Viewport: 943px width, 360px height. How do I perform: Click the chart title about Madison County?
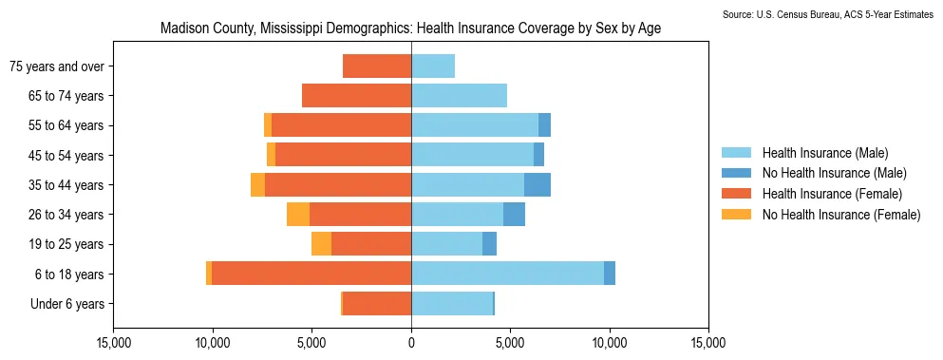click(411, 28)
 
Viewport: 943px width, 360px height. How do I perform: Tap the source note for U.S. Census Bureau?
click(827, 14)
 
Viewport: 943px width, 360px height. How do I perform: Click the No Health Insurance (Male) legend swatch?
click(736, 174)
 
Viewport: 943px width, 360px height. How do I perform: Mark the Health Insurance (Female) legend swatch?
click(736, 194)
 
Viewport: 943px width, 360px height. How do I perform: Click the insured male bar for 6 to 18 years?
click(508, 274)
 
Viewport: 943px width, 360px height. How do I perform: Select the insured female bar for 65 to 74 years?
click(357, 96)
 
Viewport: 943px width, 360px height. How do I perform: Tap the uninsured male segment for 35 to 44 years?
click(538, 185)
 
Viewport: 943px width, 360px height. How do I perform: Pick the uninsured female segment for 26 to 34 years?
click(298, 215)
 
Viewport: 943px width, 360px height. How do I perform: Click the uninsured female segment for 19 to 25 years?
click(321, 244)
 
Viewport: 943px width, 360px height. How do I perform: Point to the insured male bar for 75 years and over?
click(433, 66)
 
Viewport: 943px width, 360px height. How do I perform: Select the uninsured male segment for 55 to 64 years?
click(544, 125)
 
